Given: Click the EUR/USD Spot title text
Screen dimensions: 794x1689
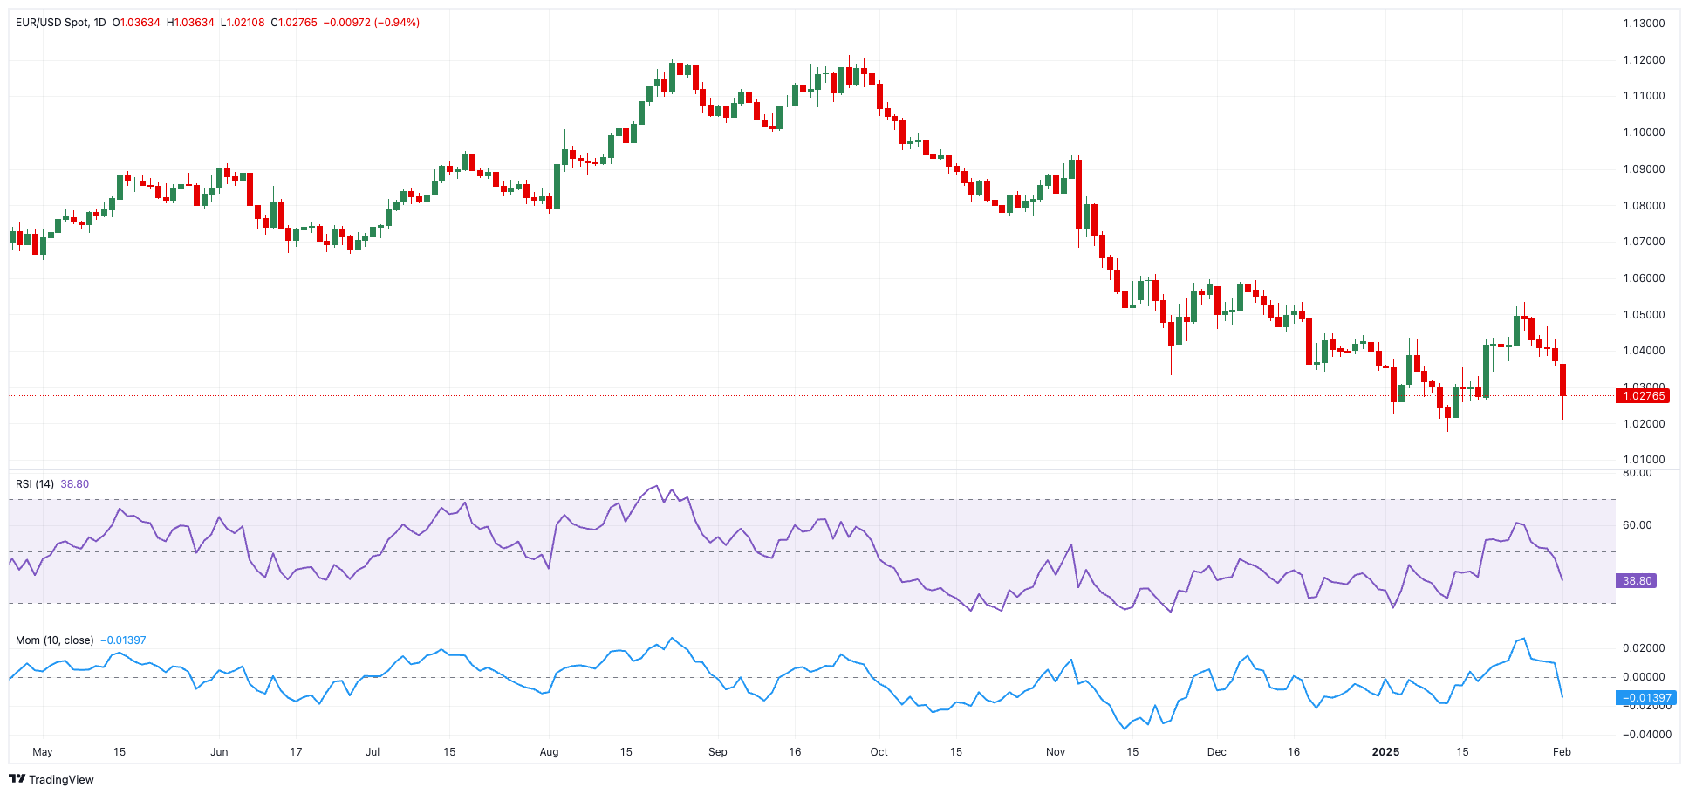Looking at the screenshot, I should coord(52,23).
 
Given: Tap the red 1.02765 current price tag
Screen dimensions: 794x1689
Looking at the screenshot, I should coord(1643,396).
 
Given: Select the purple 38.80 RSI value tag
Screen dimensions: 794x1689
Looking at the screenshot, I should coord(1636,581).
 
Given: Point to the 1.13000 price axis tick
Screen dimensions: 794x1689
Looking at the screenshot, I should coord(1644,24).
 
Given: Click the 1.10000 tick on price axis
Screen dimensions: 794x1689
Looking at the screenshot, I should coord(1644,133).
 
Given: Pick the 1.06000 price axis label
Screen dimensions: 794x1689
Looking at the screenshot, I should coord(1644,278).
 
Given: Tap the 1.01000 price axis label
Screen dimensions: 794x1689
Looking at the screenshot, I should coord(1644,460).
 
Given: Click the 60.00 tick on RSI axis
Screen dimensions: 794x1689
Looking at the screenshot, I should coord(1637,525).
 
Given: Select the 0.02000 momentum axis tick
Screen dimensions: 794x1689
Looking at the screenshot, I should coord(1644,648).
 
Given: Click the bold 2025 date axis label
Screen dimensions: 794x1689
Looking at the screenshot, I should coord(1385,752).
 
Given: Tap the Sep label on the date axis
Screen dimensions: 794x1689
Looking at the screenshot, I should coord(717,752).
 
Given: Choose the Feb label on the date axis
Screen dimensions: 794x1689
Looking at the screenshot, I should coord(1562,752).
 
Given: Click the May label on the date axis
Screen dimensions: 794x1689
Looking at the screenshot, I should coord(42,752).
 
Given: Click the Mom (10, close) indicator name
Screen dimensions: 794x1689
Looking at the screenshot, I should coord(54,640).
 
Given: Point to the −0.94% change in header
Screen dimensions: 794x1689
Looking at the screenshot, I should coord(397,23).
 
